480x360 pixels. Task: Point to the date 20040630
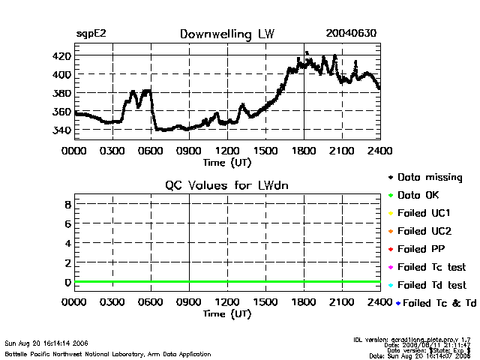(351, 34)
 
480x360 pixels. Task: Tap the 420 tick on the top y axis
(61, 56)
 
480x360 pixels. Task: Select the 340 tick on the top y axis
(61, 130)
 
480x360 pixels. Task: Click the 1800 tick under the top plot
(304, 151)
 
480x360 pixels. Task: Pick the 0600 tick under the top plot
(151, 151)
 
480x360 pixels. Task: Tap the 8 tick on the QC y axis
(67, 204)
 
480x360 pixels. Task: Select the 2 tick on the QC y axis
(67, 262)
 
